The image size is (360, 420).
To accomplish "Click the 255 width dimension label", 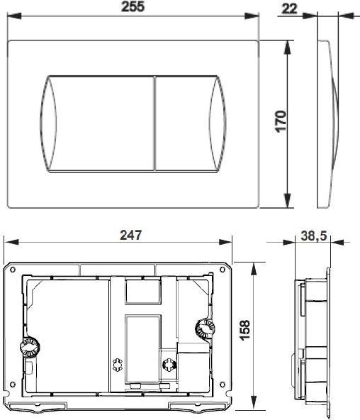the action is point(133,6).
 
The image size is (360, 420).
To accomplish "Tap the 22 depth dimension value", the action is point(289,9).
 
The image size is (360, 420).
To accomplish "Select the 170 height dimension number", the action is point(281,121).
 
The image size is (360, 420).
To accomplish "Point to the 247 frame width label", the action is point(131,235).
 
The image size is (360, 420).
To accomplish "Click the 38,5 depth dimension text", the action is point(314,236).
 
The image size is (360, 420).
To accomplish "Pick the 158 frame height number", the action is point(244,330).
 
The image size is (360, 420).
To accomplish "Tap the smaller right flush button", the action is point(191,123).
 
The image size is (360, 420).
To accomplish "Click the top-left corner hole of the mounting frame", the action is point(12,270).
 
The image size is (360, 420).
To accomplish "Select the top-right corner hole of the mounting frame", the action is point(223,270).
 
